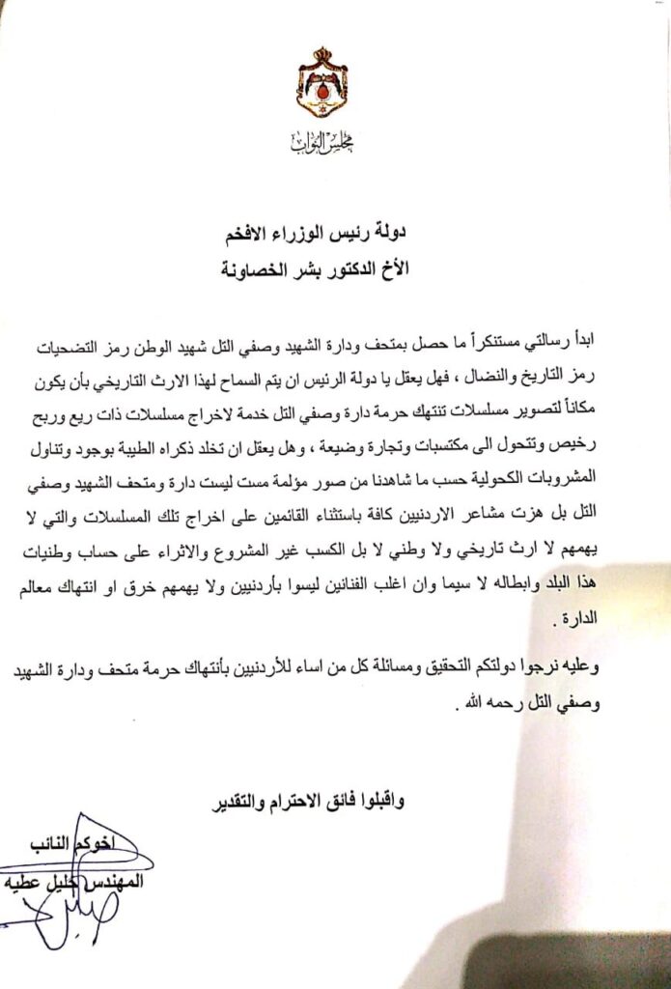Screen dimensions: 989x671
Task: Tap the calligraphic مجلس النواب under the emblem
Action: pos(322,144)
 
